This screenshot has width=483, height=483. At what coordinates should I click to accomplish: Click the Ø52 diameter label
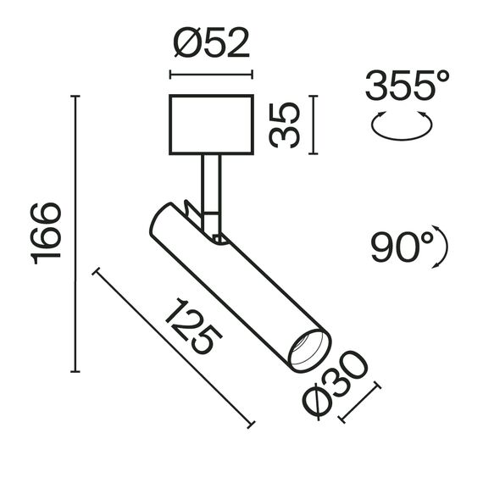[212, 42]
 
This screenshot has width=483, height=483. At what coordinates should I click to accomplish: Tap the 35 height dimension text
[287, 125]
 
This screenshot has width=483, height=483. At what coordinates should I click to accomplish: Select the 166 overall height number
[47, 233]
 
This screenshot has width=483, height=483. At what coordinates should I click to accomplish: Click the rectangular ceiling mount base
[212, 125]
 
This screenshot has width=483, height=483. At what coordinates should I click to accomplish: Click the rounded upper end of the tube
[163, 217]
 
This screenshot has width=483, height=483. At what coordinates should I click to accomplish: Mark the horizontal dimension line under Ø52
[212, 74]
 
